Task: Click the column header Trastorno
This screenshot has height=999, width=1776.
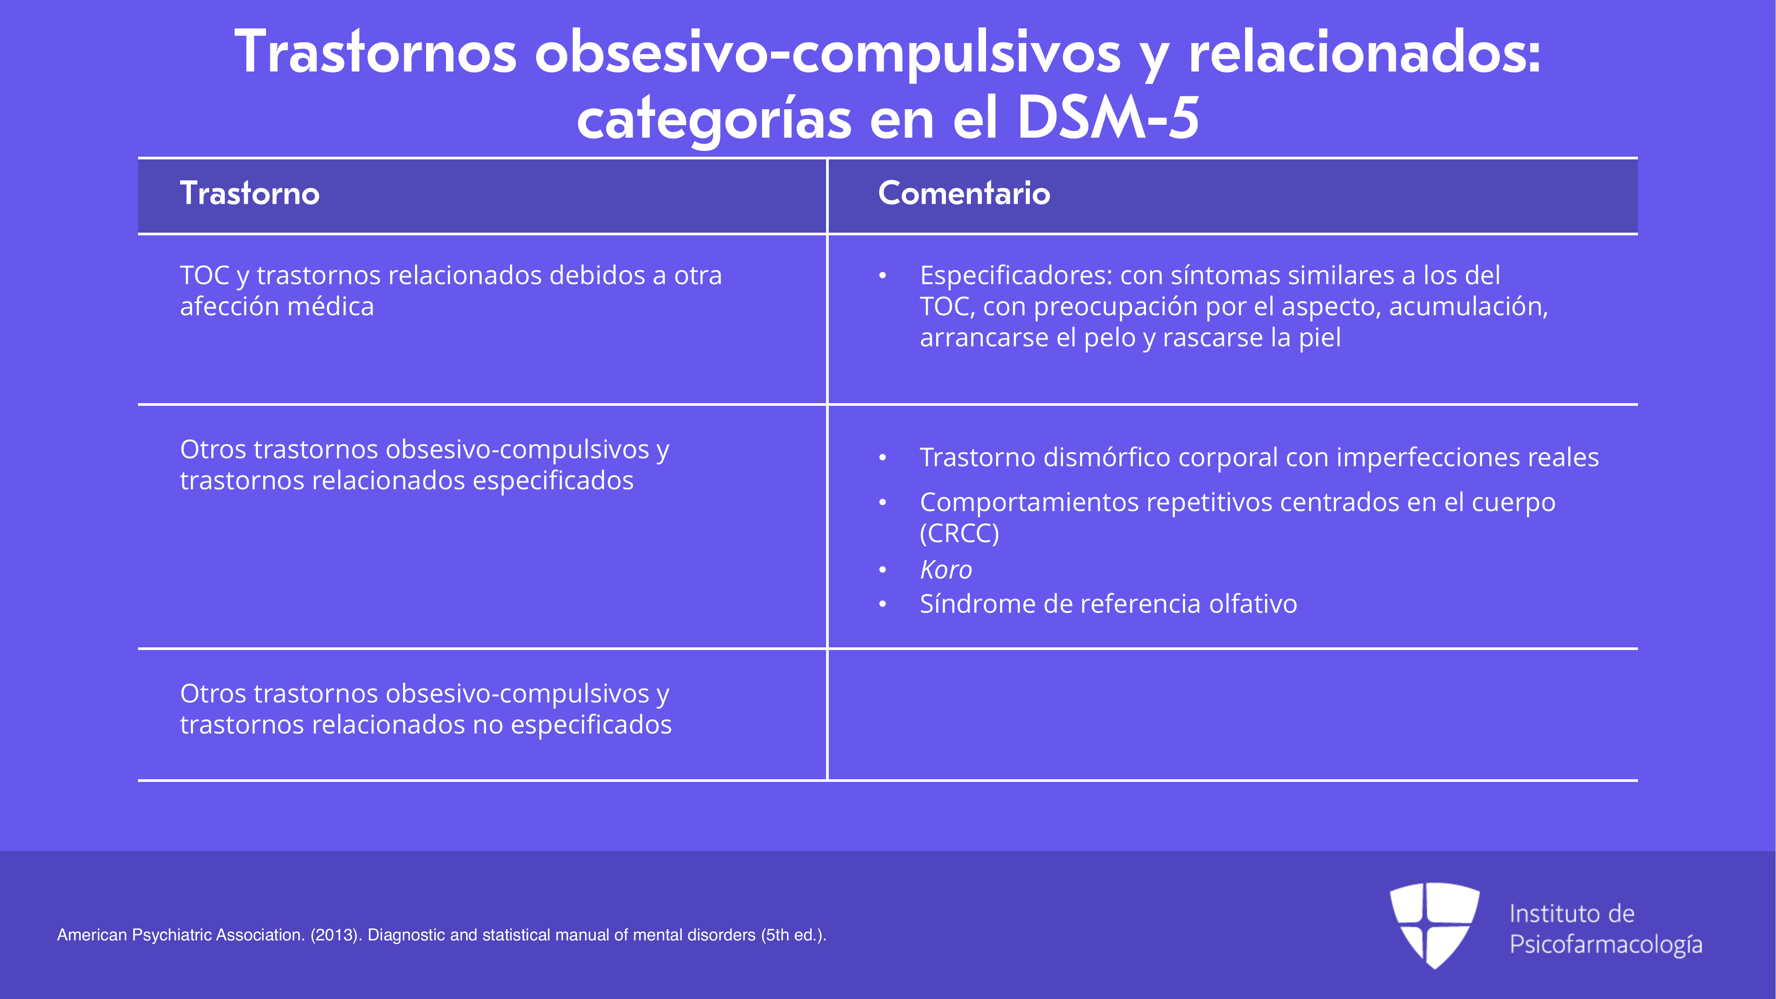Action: point(249,193)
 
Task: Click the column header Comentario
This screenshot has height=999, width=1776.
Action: point(964,193)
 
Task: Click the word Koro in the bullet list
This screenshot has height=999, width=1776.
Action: point(946,570)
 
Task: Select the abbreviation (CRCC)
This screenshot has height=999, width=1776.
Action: point(959,533)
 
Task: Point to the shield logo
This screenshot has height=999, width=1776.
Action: point(1434,925)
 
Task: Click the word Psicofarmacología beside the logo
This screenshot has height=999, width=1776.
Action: point(1606,944)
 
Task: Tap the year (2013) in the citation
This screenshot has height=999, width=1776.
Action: point(336,935)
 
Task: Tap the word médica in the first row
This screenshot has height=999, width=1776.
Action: point(330,306)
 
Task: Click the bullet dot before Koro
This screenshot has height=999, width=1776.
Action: point(882,570)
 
